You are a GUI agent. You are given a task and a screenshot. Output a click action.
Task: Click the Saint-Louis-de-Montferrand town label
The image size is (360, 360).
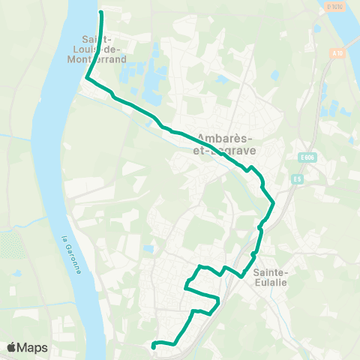(x=104, y=49)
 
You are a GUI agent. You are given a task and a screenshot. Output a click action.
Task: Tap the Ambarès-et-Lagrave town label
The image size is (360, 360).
(x=225, y=143)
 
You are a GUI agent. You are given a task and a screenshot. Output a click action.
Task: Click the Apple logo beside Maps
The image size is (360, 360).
(x=11, y=347)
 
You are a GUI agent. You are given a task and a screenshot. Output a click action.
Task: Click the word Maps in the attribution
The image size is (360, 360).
(x=33, y=347)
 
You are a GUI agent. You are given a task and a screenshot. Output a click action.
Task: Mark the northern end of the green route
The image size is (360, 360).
(x=100, y=13)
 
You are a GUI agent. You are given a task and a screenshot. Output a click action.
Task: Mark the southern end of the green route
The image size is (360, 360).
(x=153, y=346)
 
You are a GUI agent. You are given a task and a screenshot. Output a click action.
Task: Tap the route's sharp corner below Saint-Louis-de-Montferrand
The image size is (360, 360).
(x=88, y=77)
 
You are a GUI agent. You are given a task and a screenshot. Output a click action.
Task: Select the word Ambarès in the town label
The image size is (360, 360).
(x=224, y=137)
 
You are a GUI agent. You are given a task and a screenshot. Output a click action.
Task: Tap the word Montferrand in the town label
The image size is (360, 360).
(x=104, y=58)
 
